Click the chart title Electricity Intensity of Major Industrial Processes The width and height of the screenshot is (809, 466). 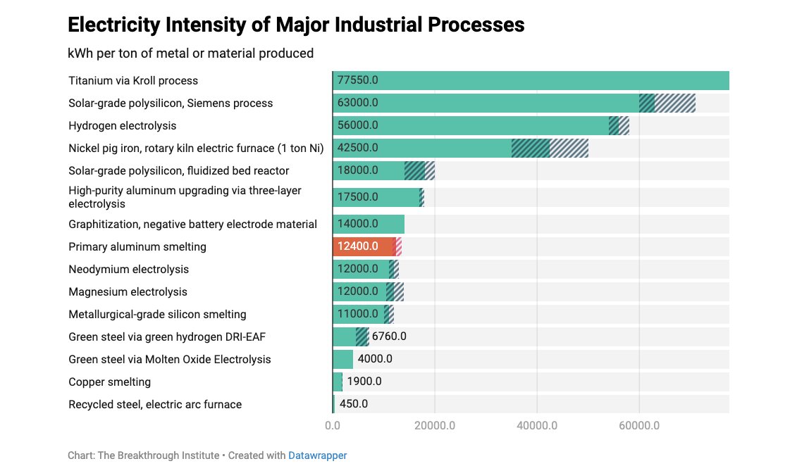(x=296, y=25)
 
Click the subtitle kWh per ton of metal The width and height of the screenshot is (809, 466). (x=190, y=53)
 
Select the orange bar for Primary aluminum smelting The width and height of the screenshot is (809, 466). (x=363, y=246)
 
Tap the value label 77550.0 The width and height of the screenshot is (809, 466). (x=358, y=80)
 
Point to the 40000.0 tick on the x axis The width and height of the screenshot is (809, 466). (x=537, y=426)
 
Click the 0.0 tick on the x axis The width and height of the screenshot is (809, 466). (x=333, y=426)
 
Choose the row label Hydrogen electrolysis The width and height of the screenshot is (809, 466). (x=123, y=125)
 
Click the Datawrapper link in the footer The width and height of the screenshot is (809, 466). (x=317, y=455)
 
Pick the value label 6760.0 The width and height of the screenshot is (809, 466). (x=389, y=336)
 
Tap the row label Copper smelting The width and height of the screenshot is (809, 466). (x=109, y=382)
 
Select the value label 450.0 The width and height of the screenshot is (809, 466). (x=354, y=404)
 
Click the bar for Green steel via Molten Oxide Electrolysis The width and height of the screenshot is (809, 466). (x=343, y=359)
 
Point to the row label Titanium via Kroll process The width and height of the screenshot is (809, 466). (x=133, y=80)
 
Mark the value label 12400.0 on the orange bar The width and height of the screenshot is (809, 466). (x=358, y=246)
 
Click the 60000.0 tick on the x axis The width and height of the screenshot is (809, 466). (x=639, y=426)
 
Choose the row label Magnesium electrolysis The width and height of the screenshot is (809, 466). (x=128, y=291)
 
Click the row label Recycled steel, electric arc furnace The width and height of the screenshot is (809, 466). (x=155, y=404)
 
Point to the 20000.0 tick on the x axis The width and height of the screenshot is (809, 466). (x=435, y=426)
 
